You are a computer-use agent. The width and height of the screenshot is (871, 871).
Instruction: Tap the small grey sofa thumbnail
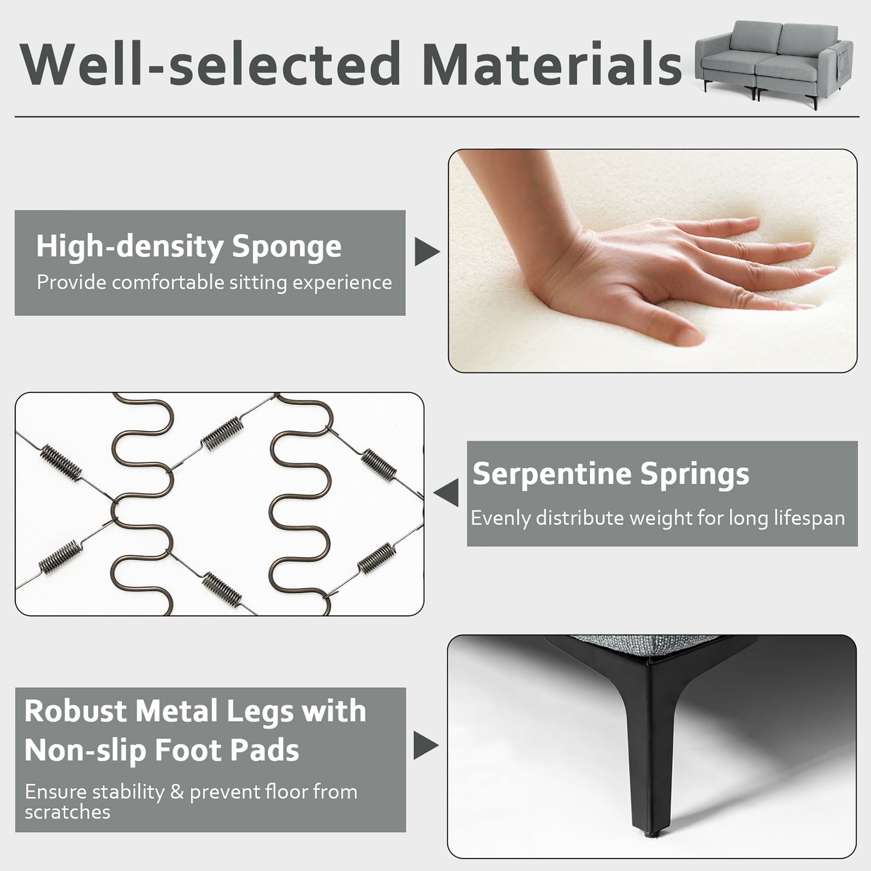(773, 63)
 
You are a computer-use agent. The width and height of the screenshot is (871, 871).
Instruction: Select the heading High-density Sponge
(189, 247)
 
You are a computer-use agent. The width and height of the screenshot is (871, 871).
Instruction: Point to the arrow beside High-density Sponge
(427, 251)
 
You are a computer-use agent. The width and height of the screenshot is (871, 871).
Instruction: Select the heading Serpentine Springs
(611, 474)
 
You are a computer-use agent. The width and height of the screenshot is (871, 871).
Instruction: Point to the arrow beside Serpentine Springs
(446, 493)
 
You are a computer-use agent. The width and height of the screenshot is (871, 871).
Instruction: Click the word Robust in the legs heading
(76, 711)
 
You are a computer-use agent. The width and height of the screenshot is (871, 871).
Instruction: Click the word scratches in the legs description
(68, 812)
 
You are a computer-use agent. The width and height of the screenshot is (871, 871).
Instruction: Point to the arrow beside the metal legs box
(426, 745)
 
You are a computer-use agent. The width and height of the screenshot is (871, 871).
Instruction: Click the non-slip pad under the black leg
(650, 834)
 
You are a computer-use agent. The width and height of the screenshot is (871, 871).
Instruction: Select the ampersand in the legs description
(177, 792)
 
